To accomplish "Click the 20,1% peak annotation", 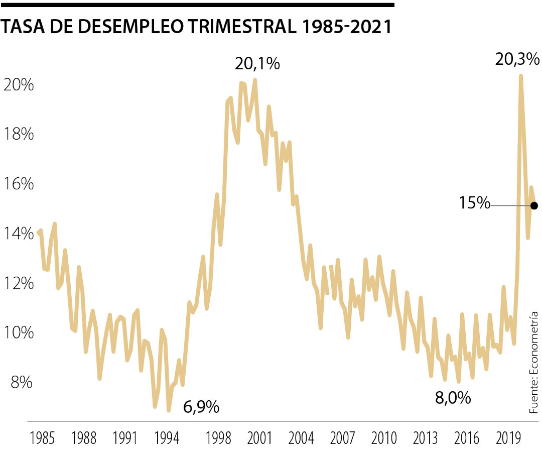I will click(x=257, y=65).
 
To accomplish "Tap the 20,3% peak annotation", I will click(x=517, y=60).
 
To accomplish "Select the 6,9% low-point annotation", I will click(x=201, y=406).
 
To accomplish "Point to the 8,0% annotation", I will click(x=453, y=398).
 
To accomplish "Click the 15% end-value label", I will click(x=474, y=203).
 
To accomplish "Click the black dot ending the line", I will click(x=534, y=205).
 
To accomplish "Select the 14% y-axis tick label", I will click(x=19, y=234).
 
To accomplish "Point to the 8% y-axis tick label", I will click(x=21, y=383).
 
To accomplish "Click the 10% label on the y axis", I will click(x=19, y=333).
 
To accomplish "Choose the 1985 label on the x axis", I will click(x=42, y=437).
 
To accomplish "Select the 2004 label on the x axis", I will click(x=301, y=437).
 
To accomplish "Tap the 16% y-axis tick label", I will click(x=19, y=184).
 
